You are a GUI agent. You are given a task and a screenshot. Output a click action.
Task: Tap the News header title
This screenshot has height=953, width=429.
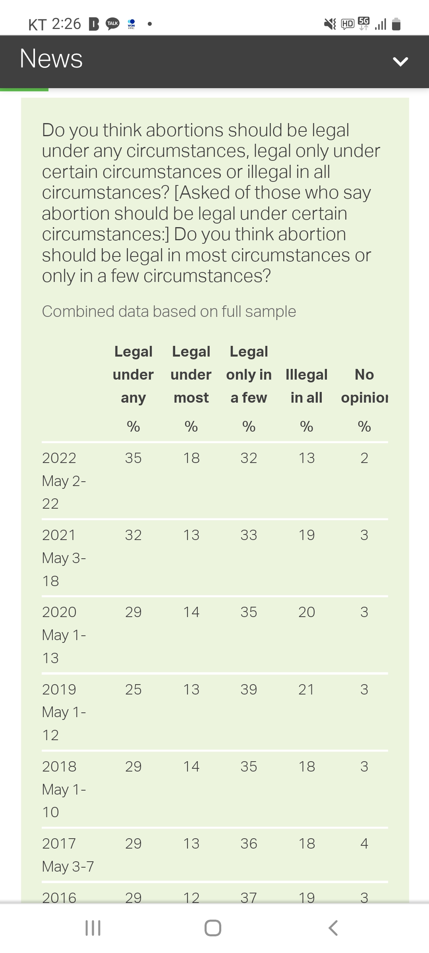pos(51,59)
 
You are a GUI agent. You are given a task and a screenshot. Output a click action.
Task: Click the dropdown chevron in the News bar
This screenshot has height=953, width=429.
pos(400,61)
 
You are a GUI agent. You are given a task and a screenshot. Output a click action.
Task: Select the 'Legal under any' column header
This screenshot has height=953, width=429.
pos(133,374)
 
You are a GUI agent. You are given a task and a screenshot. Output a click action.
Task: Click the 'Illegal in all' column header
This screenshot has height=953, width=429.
pos(306,386)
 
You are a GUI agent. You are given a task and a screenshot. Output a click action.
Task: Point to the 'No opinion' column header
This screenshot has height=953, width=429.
pos(364,386)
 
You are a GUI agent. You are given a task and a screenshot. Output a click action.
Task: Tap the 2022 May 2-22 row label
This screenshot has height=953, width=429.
pos(64,480)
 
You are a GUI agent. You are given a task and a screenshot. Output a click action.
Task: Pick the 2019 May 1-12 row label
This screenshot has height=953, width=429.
pos(64,712)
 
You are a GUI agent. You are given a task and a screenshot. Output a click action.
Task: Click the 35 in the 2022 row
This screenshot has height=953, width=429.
pos(133,458)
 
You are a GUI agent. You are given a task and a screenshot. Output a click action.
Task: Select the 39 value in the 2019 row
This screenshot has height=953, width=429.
pos(249,689)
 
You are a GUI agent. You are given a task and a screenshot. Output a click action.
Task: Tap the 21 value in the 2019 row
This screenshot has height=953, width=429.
pos(306,689)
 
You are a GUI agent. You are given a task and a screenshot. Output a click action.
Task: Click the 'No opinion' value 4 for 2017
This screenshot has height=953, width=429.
pos(364,843)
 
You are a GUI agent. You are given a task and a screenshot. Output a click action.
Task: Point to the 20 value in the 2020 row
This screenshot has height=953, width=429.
pos(306,612)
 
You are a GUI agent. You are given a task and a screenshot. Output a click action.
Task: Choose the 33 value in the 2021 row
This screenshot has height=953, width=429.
pos(249,535)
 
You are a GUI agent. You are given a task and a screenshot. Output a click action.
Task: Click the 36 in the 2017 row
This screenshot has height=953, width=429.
pos(249,843)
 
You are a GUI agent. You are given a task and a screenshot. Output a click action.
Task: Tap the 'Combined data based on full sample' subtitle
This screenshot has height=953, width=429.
pos(169,311)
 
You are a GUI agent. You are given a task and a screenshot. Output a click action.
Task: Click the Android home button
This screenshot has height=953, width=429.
pos(213,928)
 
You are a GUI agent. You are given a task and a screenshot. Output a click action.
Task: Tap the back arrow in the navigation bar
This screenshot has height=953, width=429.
pos(333,928)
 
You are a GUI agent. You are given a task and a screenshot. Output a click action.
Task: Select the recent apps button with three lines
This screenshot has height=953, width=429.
pos(93,928)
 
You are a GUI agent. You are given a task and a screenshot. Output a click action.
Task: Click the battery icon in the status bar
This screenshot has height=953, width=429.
pos(396,24)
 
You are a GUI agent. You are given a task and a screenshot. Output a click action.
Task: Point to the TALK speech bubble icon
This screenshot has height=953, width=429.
pos(112,24)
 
